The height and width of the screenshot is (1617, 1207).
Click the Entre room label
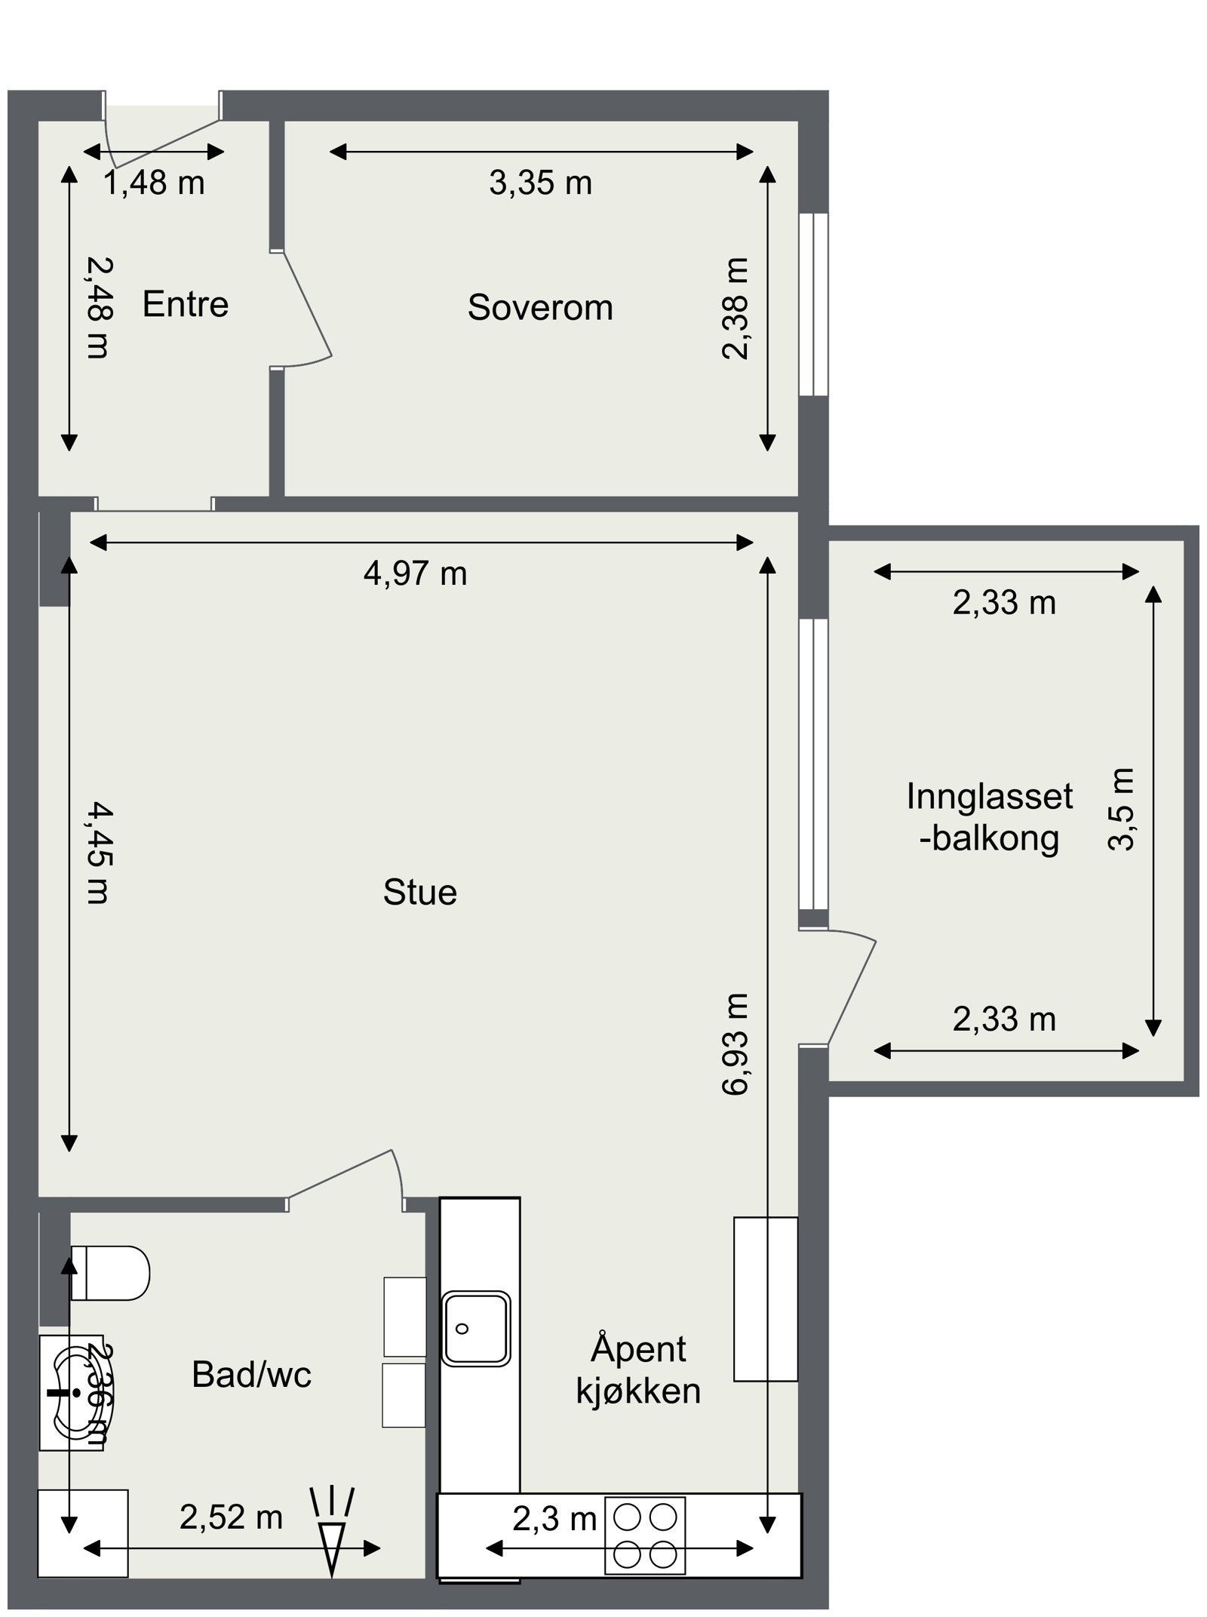coord(185,304)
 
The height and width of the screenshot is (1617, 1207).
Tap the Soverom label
coord(540,307)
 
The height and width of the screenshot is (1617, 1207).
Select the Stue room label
coord(420,892)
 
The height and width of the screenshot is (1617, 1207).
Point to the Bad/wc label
coord(251,1374)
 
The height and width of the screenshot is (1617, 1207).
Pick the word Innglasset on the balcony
coord(989,797)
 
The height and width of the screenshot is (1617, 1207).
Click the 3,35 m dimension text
coord(540,183)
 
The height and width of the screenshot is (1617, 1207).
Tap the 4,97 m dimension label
coord(416,574)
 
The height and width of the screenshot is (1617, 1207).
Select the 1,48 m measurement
coord(154,183)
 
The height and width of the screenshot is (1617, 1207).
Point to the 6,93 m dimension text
coord(736,1044)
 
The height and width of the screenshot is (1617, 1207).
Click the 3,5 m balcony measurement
coord(1122,809)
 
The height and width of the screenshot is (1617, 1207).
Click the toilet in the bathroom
coord(110,1273)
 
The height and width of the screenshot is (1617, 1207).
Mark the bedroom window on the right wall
coord(813,304)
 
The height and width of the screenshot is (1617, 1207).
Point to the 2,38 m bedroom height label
coord(736,309)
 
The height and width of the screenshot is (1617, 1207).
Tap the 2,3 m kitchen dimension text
coord(554,1519)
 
